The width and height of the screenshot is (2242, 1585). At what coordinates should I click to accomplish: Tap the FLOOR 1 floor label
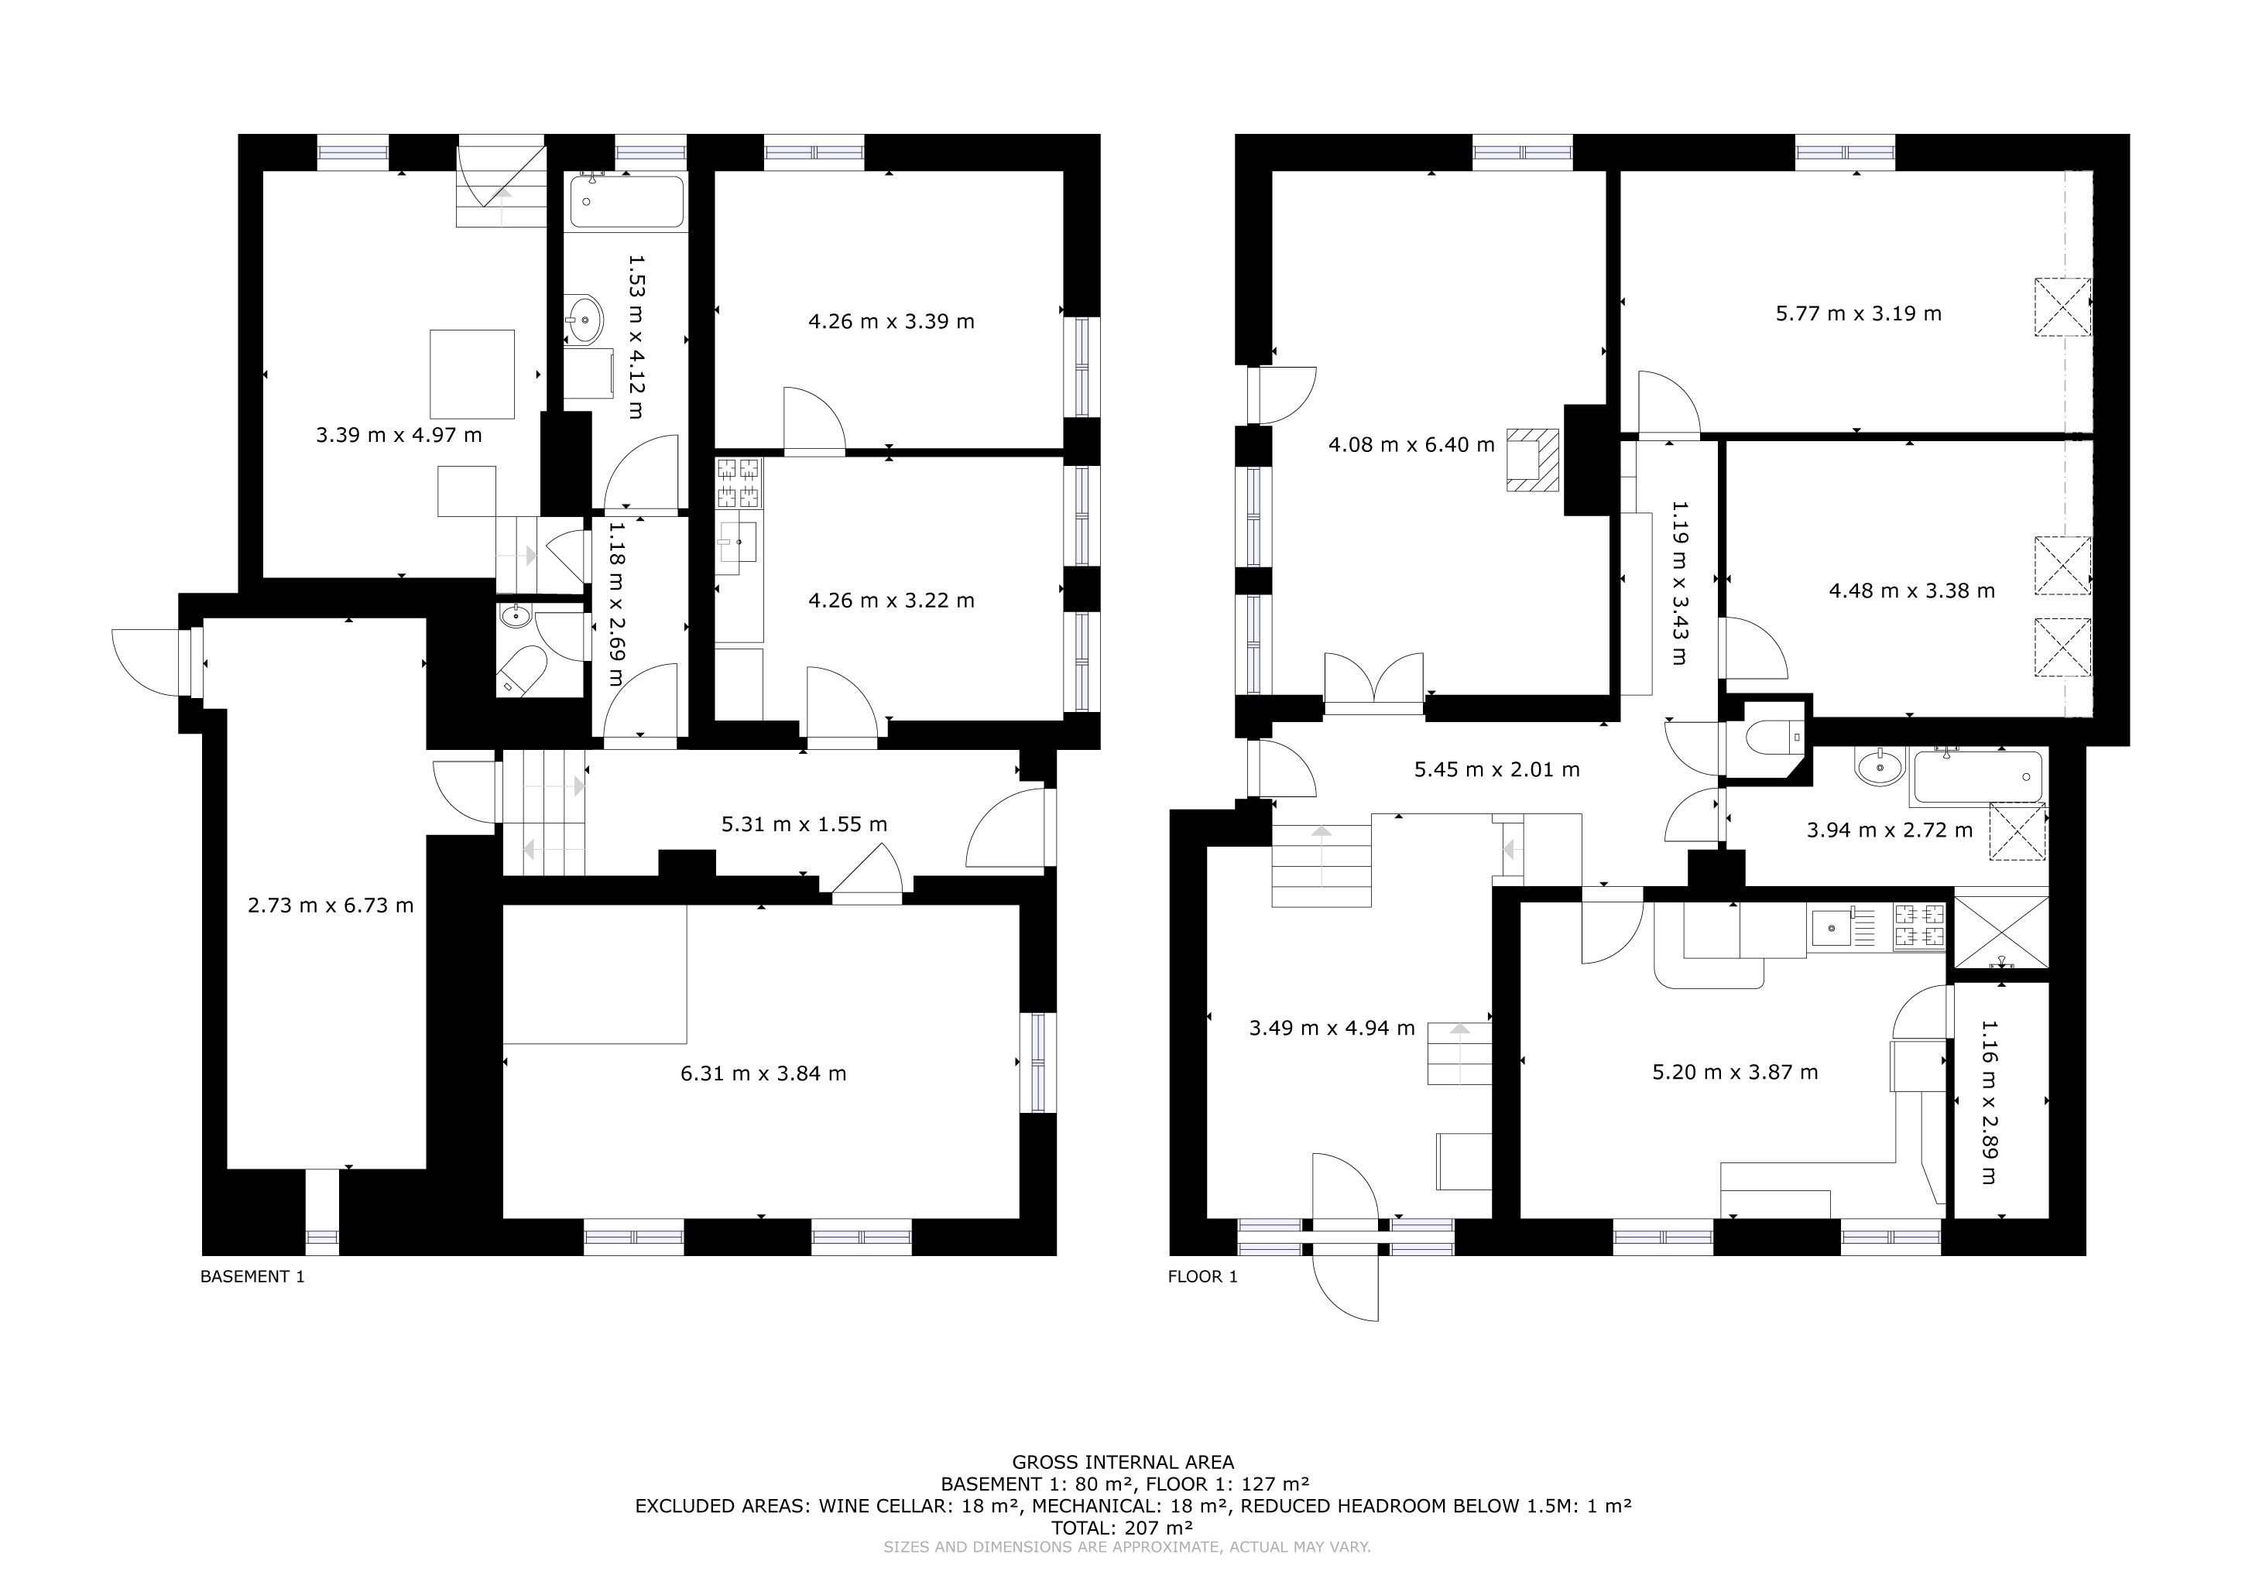pyautogui.click(x=1202, y=1276)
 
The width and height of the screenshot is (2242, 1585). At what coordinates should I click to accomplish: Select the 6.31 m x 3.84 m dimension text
pyautogui.click(x=763, y=1073)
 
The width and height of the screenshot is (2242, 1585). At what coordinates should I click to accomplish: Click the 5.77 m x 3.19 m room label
pyautogui.click(x=1858, y=313)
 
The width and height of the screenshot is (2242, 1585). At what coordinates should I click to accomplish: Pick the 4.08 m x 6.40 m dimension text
pyautogui.click(x=1411, y=445)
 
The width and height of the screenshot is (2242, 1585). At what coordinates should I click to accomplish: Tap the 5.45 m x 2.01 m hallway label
pyautogui.click(x=1497, y=770)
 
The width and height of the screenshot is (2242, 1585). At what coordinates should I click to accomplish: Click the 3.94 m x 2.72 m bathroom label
pyautogui.click(x=1890, y=830)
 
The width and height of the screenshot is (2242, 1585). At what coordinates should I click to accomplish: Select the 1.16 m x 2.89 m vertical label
pyautogui.click(x=1989, y=1102)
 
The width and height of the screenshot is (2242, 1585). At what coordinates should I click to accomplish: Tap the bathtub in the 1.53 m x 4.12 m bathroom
pyautogui.click(x=627, y=201)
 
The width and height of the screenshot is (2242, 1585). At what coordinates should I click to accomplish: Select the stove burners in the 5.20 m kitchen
pyautogui.click(x=1919, y=927)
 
